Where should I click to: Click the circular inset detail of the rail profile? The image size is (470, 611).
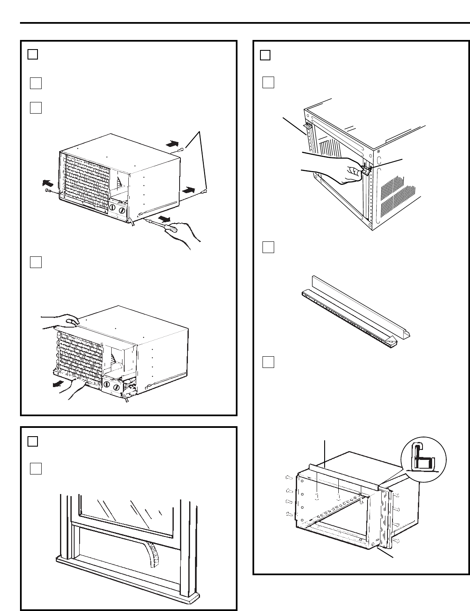click(x=423, y=459)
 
